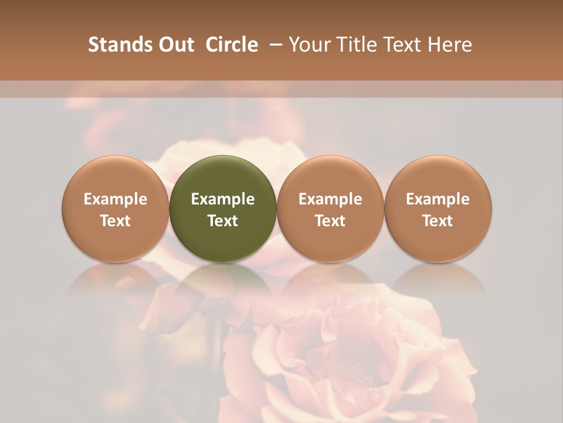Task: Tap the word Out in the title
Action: pos(175,45)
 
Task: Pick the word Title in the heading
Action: pos(352,45)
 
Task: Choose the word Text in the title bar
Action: pos(398,45)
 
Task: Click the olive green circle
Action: pos(223,209)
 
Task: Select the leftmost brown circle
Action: pos(116,209)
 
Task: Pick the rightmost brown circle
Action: pos(438,209)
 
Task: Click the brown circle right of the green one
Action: pos(330,209)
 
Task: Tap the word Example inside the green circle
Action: pos(223,199)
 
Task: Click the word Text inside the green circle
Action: pos(223,221)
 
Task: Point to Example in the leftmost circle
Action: pos(116,199)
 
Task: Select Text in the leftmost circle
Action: pos(116,221)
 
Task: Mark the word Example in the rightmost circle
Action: pos(438,199)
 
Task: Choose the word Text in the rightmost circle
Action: pos(438,221)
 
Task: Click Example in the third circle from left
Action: pos(330,199)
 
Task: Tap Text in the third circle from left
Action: pos(330,221)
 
